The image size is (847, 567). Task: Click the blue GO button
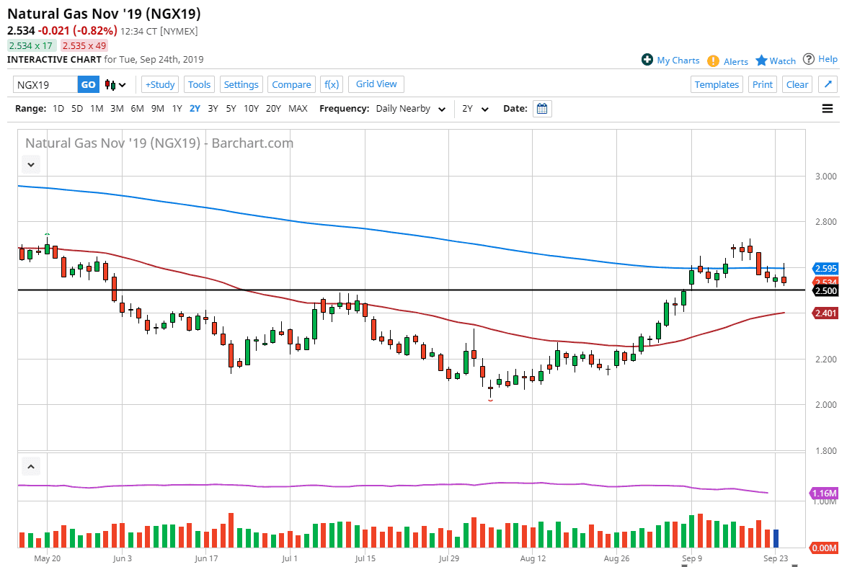[88, 84]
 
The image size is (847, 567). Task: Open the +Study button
[160, 84]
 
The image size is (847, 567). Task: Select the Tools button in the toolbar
[199, 84]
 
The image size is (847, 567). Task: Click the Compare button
[291, 84]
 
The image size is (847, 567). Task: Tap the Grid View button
[376, 84]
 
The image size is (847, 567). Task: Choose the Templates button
[717, 84]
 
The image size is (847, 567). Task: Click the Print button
[762, 84]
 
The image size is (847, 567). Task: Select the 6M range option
[137, 109]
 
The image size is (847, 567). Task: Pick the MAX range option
[298, 109]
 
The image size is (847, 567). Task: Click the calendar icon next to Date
[543, 109]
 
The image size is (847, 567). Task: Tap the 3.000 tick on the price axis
[824, 177]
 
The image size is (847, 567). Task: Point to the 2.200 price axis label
[824, 359]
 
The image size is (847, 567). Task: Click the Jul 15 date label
[365, 558]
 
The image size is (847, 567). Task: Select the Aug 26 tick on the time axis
[617, 558]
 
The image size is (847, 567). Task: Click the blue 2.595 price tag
[825, 268]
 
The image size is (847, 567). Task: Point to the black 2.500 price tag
[825, 290]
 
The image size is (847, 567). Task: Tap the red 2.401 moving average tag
[825, 313]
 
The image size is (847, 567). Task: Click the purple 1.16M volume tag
[825, 494]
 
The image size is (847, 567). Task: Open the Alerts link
[735, 61]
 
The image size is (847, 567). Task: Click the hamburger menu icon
[827, 109]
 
